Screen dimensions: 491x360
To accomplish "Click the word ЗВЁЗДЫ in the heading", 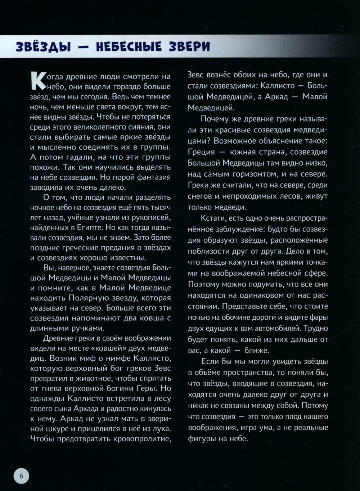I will [43, 47].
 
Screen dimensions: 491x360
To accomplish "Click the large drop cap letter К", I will [38, 81].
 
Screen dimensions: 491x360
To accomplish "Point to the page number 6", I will [21, 476].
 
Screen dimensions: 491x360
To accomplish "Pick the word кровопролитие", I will [142, 439].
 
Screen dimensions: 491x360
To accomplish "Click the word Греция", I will [201, 152].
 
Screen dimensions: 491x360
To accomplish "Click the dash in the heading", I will [83, 47].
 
